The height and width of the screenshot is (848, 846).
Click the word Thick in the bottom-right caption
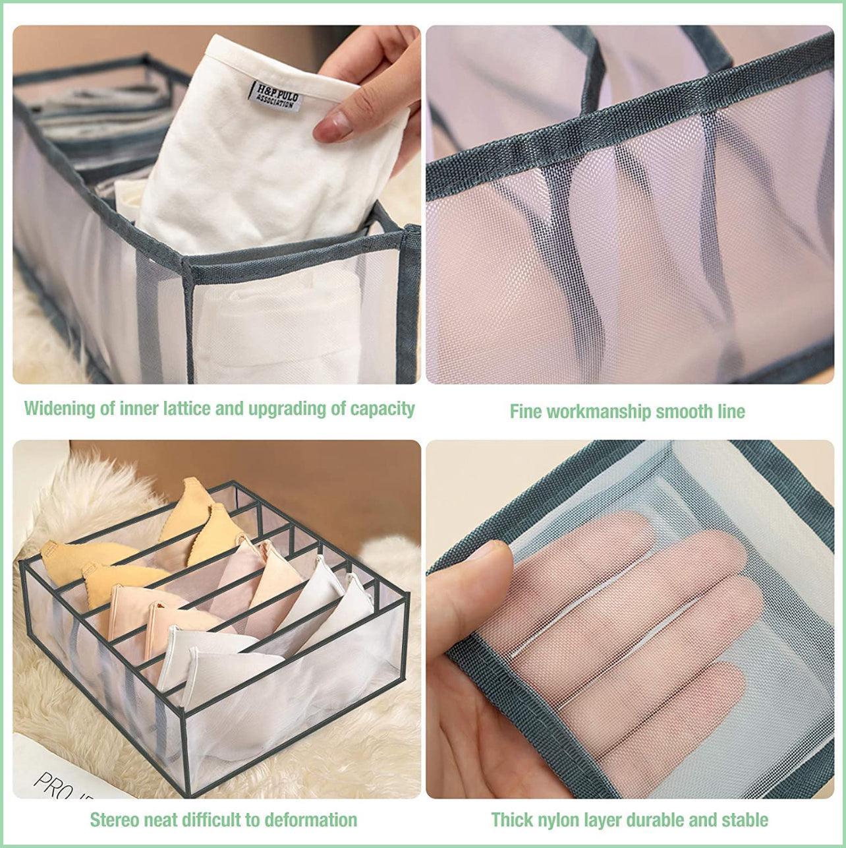511,820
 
